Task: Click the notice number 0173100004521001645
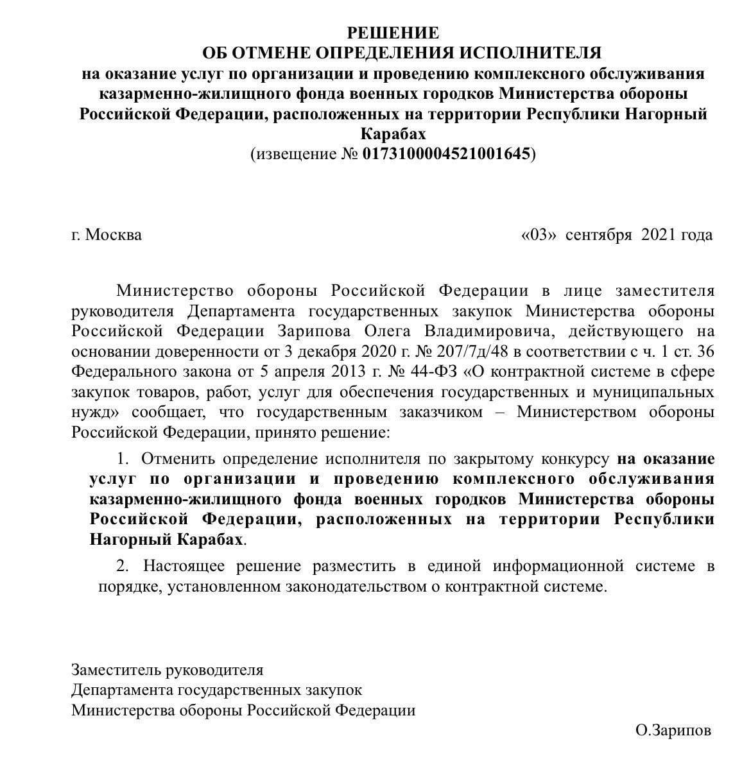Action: (x=447, y=154)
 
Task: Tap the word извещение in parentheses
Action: (x=294, y=154)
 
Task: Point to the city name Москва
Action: (x=114, y=235)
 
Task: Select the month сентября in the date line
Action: (x=599, y=235)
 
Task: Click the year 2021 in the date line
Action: (x=658, y=235)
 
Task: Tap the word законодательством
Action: (x=304, y=586)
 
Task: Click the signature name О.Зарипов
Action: (x=673, y=730)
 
